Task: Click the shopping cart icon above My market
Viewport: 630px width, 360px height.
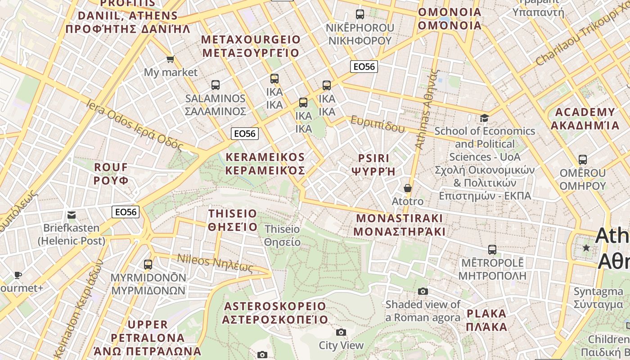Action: point(170,59)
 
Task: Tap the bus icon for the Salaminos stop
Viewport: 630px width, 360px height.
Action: point(216,85)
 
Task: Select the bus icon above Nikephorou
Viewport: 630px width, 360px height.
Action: point(360,14)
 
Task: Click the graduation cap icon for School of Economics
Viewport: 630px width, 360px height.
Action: point(484,118)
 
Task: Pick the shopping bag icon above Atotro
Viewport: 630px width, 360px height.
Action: point(408,188)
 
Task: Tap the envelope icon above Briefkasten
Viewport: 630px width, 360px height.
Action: point(72,215)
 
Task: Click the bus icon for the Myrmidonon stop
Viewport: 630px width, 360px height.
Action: point(148,265)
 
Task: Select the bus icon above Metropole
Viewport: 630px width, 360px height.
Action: point(492,250)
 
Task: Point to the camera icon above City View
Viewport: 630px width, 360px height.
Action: point(341,333)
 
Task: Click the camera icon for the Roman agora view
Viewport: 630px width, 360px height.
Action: point(423,292)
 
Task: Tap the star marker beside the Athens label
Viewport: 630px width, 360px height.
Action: point(586,248)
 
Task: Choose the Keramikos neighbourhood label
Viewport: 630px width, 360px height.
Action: point(265,164)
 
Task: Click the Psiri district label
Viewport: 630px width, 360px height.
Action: point(373,165)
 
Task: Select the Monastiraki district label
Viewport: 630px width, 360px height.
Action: point(400,225)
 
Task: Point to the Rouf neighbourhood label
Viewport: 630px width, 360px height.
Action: point(111,174)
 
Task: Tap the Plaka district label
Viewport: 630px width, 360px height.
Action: point(486,320)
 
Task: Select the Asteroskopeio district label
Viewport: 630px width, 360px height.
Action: point(275,313)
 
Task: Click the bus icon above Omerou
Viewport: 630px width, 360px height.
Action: point(583,160)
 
